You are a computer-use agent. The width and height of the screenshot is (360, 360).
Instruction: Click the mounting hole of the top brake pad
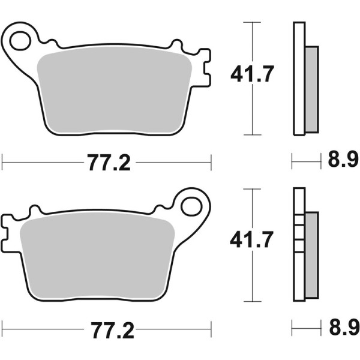click(20, 40)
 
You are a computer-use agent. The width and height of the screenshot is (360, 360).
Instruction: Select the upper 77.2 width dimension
click(108, 163)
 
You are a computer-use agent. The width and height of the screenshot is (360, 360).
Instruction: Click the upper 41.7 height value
click(252, 75)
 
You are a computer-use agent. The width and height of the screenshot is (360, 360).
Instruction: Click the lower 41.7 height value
click(252, 241)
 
